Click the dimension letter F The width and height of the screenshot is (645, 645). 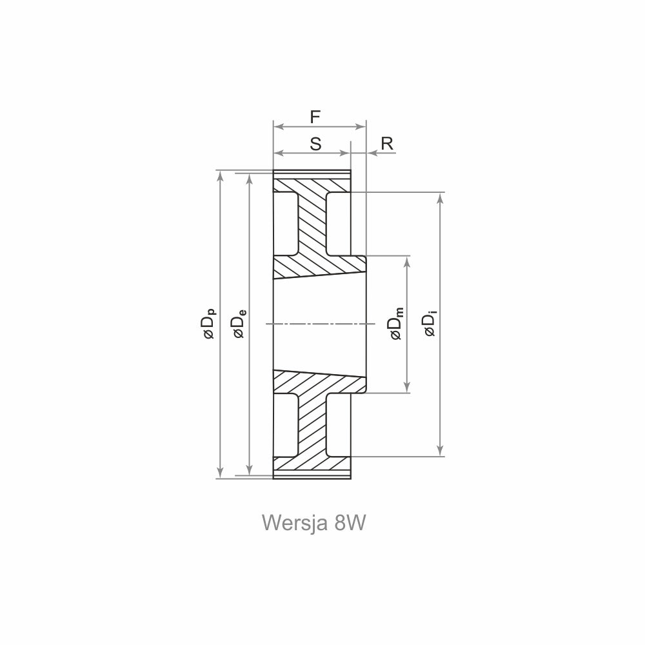coord(315,117)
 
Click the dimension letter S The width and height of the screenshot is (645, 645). coord(315,144)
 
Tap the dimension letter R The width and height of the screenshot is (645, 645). coord(387,144)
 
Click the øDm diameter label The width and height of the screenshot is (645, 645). coord(397,324)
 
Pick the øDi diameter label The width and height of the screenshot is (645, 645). coord(430,325)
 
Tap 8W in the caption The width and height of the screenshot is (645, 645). coord(350,523)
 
